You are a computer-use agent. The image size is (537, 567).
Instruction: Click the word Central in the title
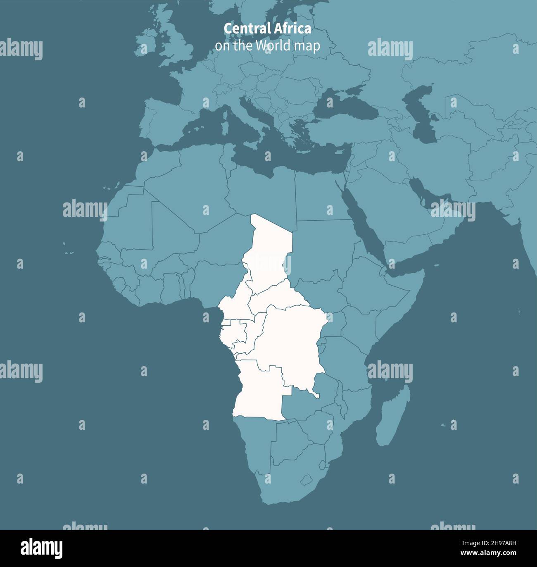(x=246, y=29)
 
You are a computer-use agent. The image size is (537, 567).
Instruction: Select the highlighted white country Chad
(x=271, y=248)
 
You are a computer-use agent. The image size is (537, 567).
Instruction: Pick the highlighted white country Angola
(x=258, y=393)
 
